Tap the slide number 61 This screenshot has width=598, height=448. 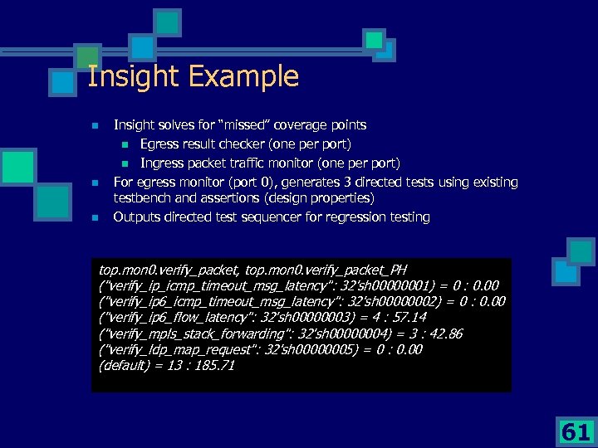[576, 431]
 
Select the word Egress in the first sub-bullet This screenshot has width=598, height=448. [160, 144]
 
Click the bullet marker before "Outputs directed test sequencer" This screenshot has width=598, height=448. [96, 217]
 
